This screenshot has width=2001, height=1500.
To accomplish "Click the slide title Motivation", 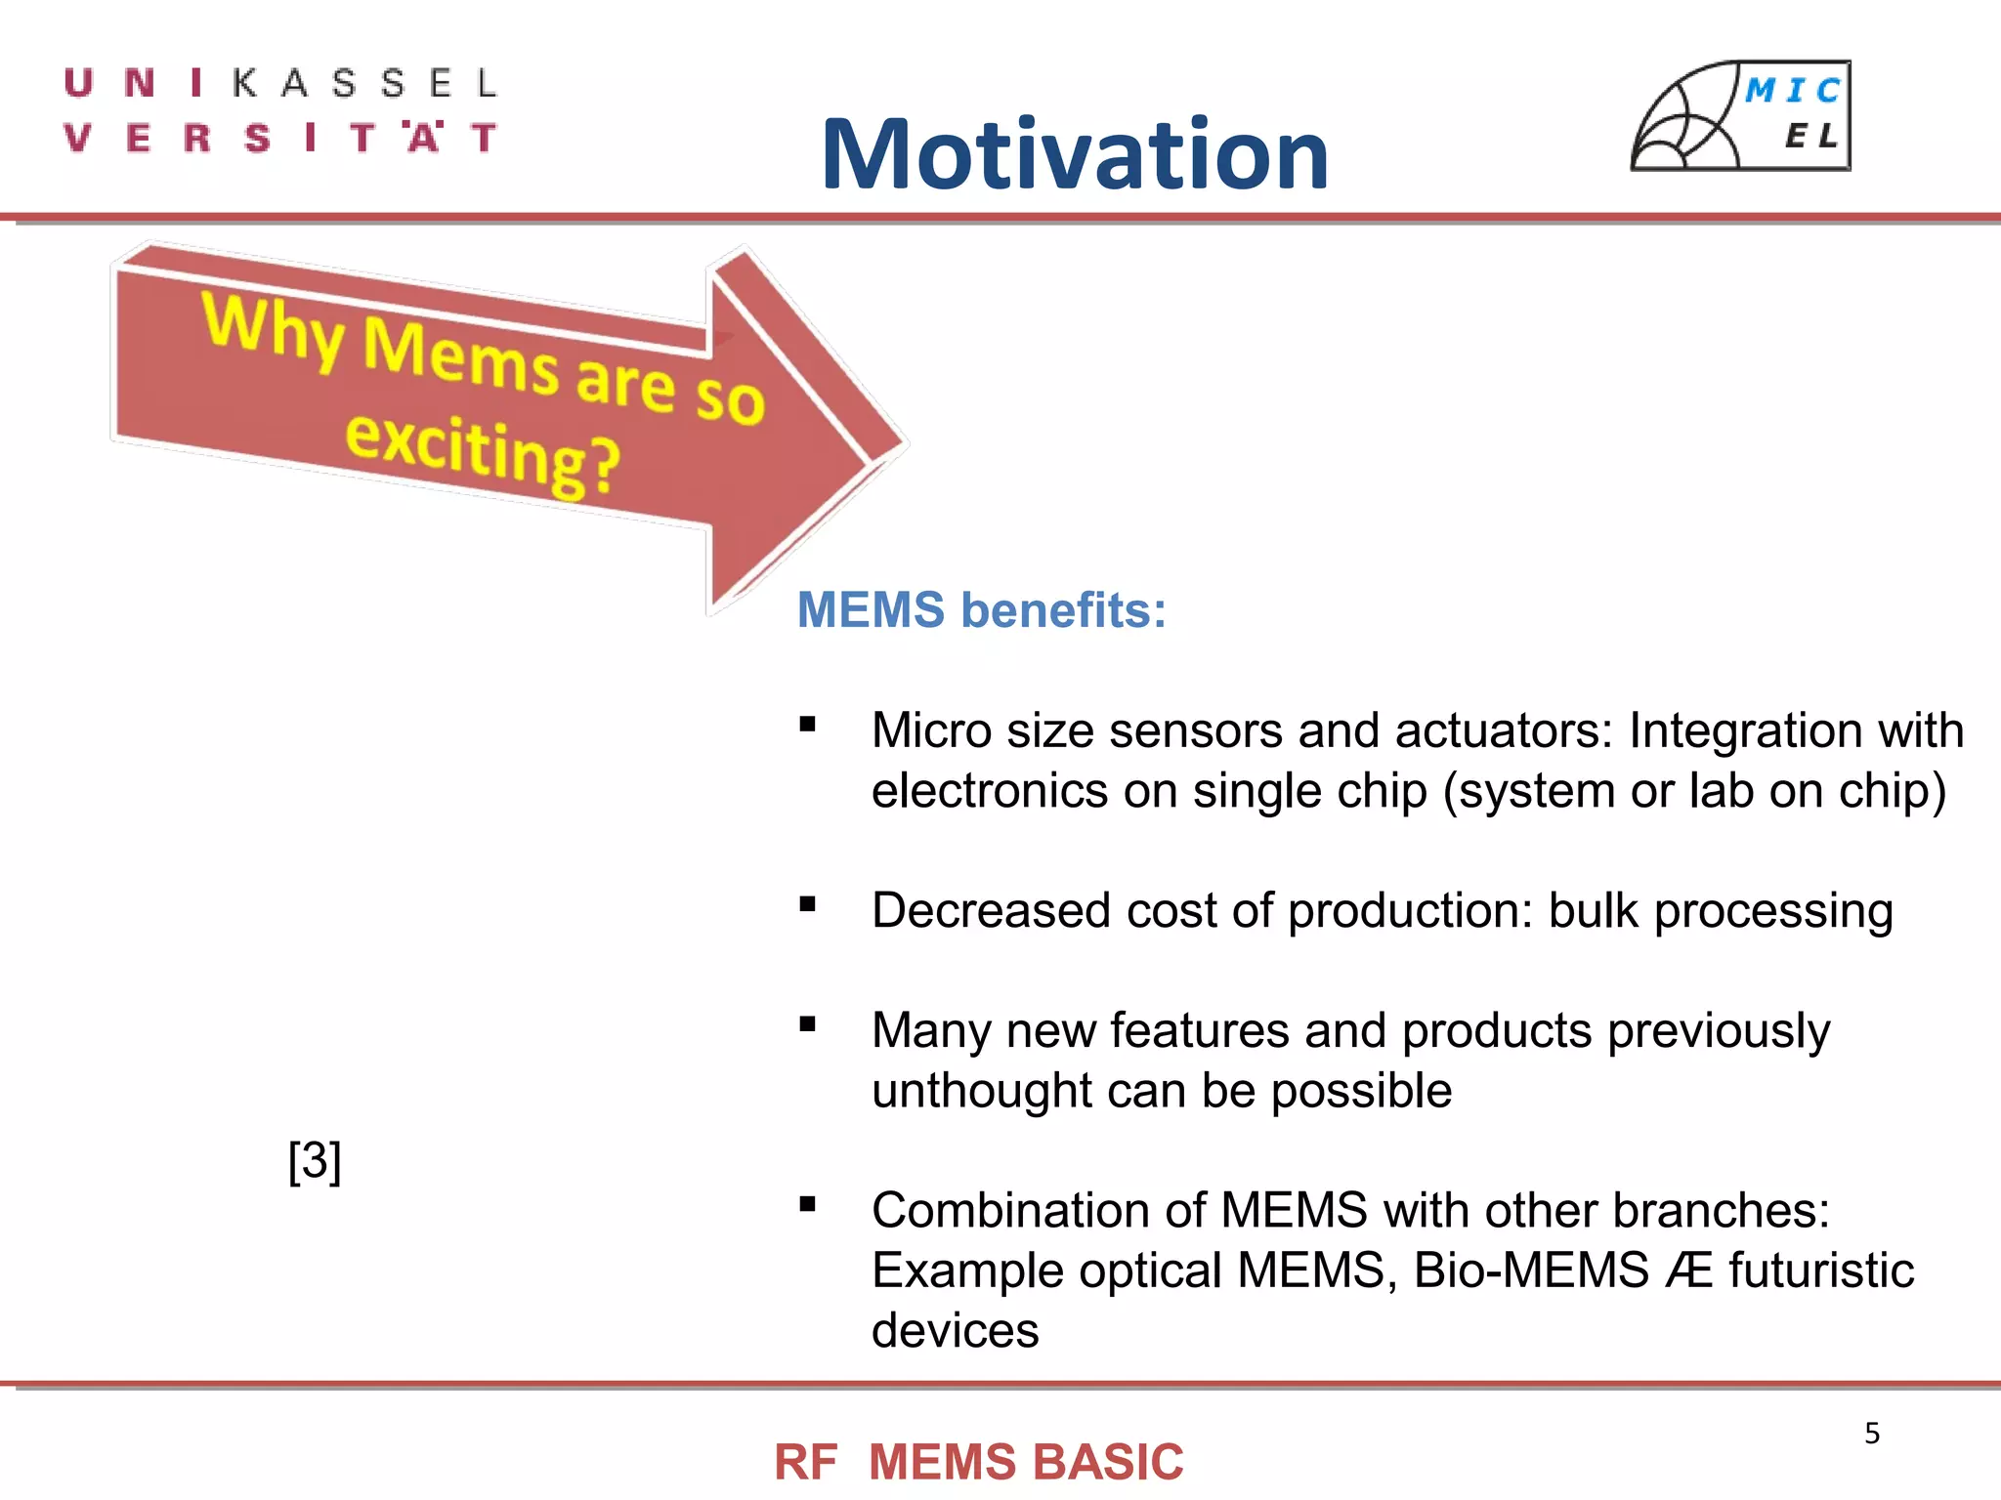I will point(1075,154).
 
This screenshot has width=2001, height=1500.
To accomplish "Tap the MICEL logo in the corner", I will point(1741,115).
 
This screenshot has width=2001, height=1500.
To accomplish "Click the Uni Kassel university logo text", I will point(281,110).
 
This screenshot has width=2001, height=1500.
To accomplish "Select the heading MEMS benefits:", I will point(982,610).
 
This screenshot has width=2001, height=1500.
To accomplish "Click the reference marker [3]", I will point(315,1161).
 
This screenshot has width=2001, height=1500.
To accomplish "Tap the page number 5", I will point(1871,1433).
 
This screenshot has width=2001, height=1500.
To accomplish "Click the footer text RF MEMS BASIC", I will point(978,1462).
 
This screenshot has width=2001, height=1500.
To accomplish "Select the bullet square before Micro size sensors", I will point(807,725).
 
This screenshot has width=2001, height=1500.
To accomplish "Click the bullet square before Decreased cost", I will point(807,904).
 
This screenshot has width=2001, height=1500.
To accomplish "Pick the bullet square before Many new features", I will point(807,1024).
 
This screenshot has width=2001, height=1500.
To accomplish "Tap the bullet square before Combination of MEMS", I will point(807,1204).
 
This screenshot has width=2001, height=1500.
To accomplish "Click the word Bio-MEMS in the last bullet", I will point(1531,1271).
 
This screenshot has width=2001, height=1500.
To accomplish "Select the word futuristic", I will point(1821,1271).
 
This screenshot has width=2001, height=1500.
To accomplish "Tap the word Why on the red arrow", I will point(273,329).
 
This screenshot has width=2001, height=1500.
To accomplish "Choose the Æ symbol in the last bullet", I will point(1689,1271).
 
